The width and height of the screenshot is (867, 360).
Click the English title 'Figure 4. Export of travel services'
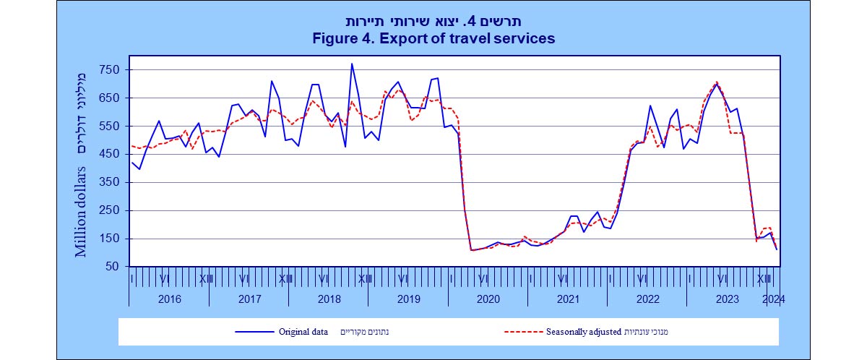pyautogui.click(x=433, y=38)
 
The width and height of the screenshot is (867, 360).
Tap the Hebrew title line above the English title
pyautogui.click(x=434, y=21)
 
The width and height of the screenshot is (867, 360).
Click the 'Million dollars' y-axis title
pyautogui.click(x=82, y=210)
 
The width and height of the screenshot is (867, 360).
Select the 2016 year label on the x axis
pyautogui.click(x=169, y=299)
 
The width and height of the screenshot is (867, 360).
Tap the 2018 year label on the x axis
pyautogui.click(x=329, y=299)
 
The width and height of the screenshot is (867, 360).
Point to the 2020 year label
pyautogui.click(x=488, y=299)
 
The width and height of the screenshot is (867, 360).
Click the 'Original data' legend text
pyautogui.click(x=303, y=333)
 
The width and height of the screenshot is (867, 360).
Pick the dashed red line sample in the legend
pyautogui.click(x=527, y=333)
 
